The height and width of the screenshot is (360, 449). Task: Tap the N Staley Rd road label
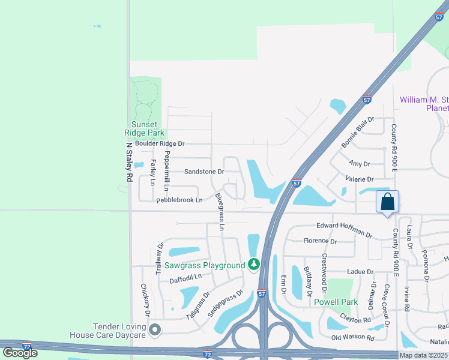pyautogui.click(x=128, y=162)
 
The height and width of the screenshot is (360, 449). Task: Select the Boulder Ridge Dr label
pyautogui.click(x=160, y=144)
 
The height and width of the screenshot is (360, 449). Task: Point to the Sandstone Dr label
pyautogui.click(x=204, y=172)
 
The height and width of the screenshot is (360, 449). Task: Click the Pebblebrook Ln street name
pyautogui.click(x=179, y=200)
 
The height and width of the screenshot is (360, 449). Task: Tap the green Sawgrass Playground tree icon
pyautogui.click(x=254, y=265)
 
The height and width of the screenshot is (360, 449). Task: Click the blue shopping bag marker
pyautogui.click(x=387, y=202)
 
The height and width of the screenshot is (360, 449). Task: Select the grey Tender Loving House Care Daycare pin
pyautogui.click(x=155, y=329)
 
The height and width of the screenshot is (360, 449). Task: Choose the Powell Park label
pyautogui.click(x=336, y=302)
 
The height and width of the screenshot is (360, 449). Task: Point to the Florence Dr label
pyautogui.click(x=320, y=242)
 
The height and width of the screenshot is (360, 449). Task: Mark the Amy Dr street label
pyautogui.click(x=359, y=164)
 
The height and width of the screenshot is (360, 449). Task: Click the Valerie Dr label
pyautogui.click(x=360, y=179)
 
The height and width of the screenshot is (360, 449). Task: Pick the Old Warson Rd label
pyautogui.click(x=353, y=337)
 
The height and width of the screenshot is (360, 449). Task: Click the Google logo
pyautogui.click(x=20, y=353)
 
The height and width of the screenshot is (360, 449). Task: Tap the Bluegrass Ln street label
pyautogui.click(x=220, y=212)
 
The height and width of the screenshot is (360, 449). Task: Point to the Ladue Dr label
pyautogui.click(x=360, y=272)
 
